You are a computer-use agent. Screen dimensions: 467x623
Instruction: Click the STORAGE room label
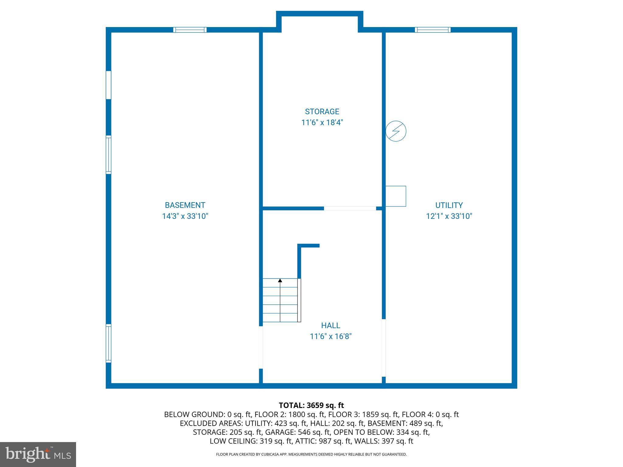[x=322, y=112]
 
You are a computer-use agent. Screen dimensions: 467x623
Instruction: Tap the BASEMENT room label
[x=185, y=205]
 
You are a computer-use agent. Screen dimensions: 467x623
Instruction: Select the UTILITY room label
[x=449, y=205]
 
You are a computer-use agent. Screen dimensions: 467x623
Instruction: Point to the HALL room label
[x=330, y=326]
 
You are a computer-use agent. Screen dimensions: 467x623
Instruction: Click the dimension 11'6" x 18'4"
[x=322, y=123]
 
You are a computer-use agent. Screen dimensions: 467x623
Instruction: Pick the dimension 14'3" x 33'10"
[x=185, y=216]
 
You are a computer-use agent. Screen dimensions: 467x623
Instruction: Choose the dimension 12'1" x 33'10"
[x=449, y=216]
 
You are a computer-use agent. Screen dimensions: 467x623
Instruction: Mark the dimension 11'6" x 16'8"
[x=330, y=337]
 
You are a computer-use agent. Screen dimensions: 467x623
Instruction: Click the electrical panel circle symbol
[x=396, y=131]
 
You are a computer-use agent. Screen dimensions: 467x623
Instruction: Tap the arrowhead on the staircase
[x=280, y=280]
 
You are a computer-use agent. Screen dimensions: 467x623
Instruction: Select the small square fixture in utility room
[x=396, y=196]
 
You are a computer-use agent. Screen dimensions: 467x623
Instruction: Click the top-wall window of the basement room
[x=190, y=30]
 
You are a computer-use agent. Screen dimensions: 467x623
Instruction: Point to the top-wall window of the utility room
[x=432, y=30]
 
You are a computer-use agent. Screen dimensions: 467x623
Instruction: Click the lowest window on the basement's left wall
[x=108, y=343]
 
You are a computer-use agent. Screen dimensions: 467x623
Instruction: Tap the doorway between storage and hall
[x=350, y=209]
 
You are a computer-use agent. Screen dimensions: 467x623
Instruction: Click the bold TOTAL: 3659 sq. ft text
[x=311, y=405]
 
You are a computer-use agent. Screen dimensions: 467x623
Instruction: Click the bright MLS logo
[x=38, y=455]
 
